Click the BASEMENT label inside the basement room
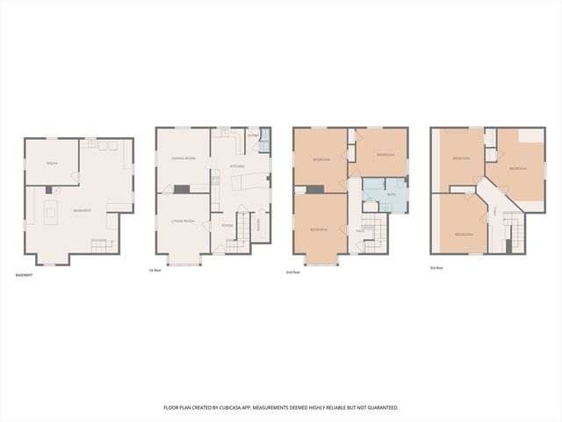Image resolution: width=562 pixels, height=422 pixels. click(83, 211)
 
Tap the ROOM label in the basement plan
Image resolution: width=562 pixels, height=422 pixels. click(52, 164)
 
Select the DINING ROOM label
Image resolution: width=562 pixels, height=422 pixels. click(183, 158)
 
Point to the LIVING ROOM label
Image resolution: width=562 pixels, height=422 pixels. click(183, 221)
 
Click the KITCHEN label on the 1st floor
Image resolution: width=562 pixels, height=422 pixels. click(237, 166)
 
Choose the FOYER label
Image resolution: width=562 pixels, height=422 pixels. click(227, 225)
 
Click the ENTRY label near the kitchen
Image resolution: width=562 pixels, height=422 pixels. click(253, 135)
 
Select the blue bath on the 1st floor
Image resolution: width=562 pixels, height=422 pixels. click(265, 140)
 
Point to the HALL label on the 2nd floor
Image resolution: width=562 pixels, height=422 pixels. click(361, 230)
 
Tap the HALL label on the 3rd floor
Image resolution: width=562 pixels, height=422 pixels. click(495, 212)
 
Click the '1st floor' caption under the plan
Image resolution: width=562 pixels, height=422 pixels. click(155, 270)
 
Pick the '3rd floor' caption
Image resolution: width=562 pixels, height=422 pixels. click(436, 267)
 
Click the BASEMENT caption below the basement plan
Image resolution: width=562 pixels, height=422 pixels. click(24, 275)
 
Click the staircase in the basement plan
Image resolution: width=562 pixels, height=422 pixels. click(99, 244)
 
